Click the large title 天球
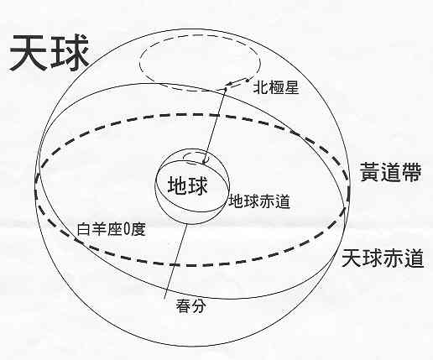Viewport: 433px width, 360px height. (50, 53)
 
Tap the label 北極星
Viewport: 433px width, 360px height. (276, 88)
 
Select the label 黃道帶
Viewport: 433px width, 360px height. (390, 172)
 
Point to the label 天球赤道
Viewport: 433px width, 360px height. (383, 258)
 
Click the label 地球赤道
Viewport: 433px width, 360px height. (259, 201)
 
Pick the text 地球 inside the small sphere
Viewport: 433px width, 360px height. (187, 185)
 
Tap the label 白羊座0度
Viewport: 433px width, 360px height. (111, 229)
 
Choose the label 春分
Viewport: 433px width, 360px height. (191, 306)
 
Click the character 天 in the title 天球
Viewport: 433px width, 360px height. (29, 53)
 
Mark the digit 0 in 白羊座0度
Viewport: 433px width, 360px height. (126, 230)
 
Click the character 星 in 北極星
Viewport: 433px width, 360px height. (292, 88)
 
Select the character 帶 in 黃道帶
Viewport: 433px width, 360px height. (411, 172)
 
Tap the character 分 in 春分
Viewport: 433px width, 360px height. (199, 306)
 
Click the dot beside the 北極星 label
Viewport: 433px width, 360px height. (248, 81)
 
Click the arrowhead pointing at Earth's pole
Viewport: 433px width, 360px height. (206, 160)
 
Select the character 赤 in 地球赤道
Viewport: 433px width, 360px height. (267, 201)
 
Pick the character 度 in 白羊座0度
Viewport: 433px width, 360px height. (138, 229)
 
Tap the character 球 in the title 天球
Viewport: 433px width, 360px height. (70, 53)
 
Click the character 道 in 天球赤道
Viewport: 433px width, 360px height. (414, 258)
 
